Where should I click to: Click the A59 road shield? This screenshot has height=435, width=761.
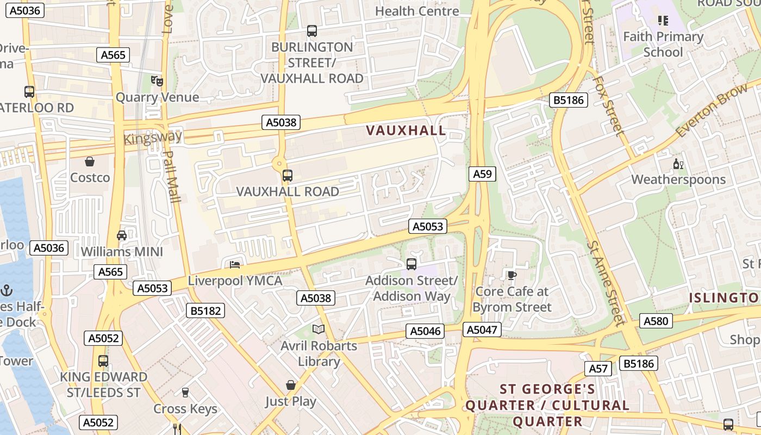tap(482, 174)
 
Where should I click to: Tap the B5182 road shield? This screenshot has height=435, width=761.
tap(205, 310)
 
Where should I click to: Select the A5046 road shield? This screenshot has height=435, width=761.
tap(425, 331)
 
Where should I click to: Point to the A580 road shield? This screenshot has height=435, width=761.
tap(656, 321)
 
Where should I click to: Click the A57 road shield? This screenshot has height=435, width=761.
tap(598, 369)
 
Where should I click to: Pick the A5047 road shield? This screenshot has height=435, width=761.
tap(482, 330)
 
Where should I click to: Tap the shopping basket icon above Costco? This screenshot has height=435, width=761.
tap(90, 161)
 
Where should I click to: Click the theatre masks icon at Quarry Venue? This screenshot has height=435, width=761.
tap(157, 81)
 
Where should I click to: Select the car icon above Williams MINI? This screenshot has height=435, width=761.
tap(122, 235)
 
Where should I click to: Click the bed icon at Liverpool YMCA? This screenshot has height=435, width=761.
tap(235, 265)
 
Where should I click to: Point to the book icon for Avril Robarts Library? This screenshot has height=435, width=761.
tap(319, 329)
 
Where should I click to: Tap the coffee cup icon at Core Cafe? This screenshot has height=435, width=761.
tap(512, 275)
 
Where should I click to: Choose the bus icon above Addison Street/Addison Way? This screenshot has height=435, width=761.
tap(411, 264)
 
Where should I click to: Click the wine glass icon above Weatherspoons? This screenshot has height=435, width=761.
tap(678, 164)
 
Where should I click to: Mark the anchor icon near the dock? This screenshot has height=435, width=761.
tap(7, 290)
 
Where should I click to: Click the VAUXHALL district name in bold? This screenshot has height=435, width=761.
tap(406, 130)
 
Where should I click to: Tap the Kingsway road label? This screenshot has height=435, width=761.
tap(153, 138)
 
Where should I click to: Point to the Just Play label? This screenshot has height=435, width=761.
tap(291, 402)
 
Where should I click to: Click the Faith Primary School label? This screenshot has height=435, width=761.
tap(663, 45)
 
